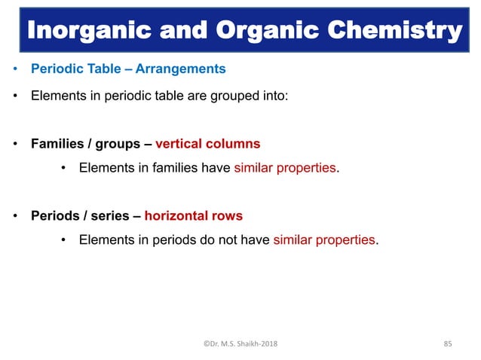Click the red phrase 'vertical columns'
click(207, 143)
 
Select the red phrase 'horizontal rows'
click(194, 215)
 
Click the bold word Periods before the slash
click(57, 215)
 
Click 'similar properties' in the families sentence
click(285, 167)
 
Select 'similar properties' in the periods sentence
click(324, 240)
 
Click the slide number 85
click(448, 344)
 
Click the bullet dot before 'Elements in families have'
click(64, 167)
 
